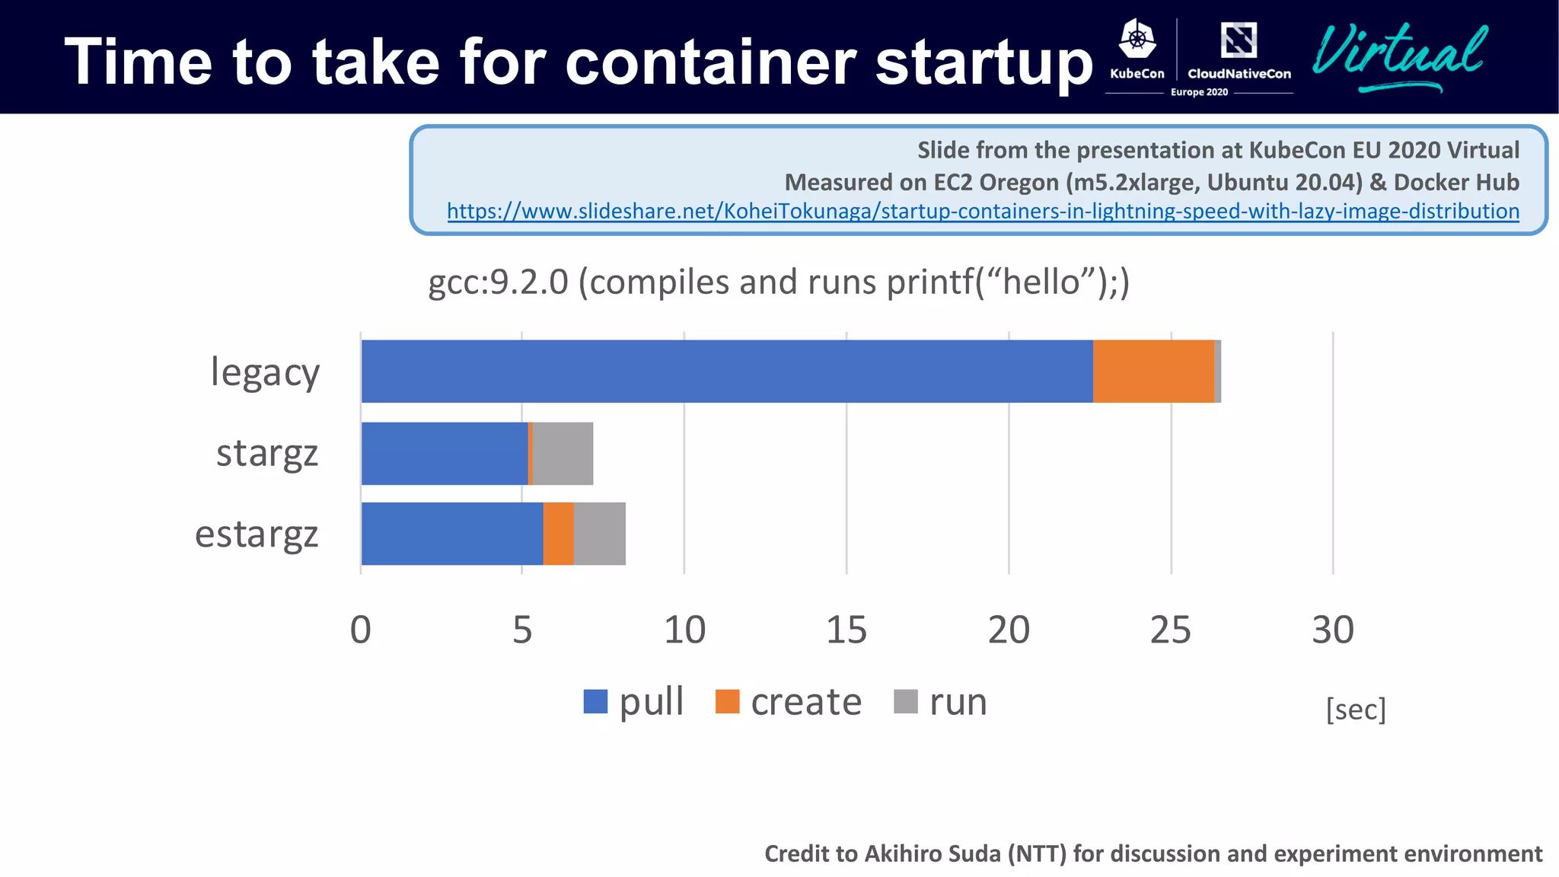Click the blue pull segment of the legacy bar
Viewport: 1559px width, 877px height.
tap(727, 372)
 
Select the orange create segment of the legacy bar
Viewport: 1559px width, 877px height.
tap(1153, 372)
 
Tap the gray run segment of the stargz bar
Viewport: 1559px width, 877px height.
tap(563, 454)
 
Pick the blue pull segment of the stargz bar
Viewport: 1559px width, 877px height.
tap(445, 454)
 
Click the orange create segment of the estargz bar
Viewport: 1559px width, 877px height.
tap(558, 534)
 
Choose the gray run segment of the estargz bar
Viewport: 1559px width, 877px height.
tap(600, 534)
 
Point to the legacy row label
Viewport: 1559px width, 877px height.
tap(265, 373)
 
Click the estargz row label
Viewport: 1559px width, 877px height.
tap(257, 534)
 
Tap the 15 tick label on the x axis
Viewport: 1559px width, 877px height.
tap(846, 630)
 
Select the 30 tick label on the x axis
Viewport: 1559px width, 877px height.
tap(1332, 630)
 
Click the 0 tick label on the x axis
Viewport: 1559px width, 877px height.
tap(360, 630)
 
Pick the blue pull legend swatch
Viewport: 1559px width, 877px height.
tap(595, 701)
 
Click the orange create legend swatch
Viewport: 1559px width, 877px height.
tap(727, 701)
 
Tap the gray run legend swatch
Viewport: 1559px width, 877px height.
tap(905, 701)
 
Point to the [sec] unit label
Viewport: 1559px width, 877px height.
tap(1356, 710)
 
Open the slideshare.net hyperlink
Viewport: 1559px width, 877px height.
tap(983, 211)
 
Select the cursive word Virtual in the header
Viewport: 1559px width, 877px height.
tap(1399, 53)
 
